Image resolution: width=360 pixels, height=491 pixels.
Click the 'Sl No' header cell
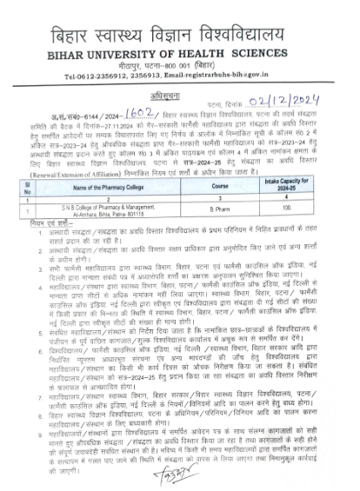tap(29, 186)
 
